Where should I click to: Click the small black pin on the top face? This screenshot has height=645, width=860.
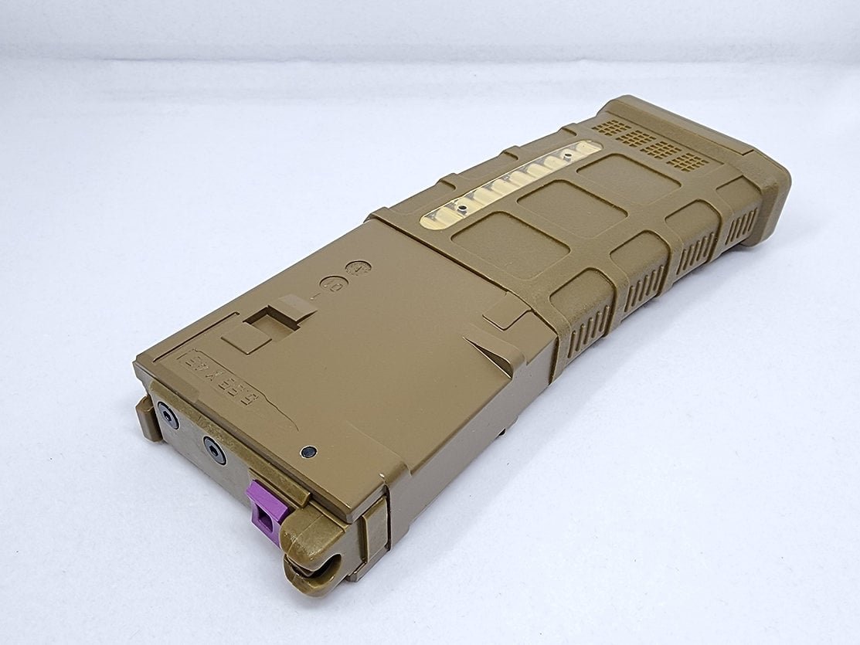[x=310, y=451]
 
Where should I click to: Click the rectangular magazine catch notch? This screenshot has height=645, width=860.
[x=277, y=318]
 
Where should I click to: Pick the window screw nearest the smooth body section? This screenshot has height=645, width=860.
[x=461, y=209]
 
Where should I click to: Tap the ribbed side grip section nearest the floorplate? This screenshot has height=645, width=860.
[x=742, y=225]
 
